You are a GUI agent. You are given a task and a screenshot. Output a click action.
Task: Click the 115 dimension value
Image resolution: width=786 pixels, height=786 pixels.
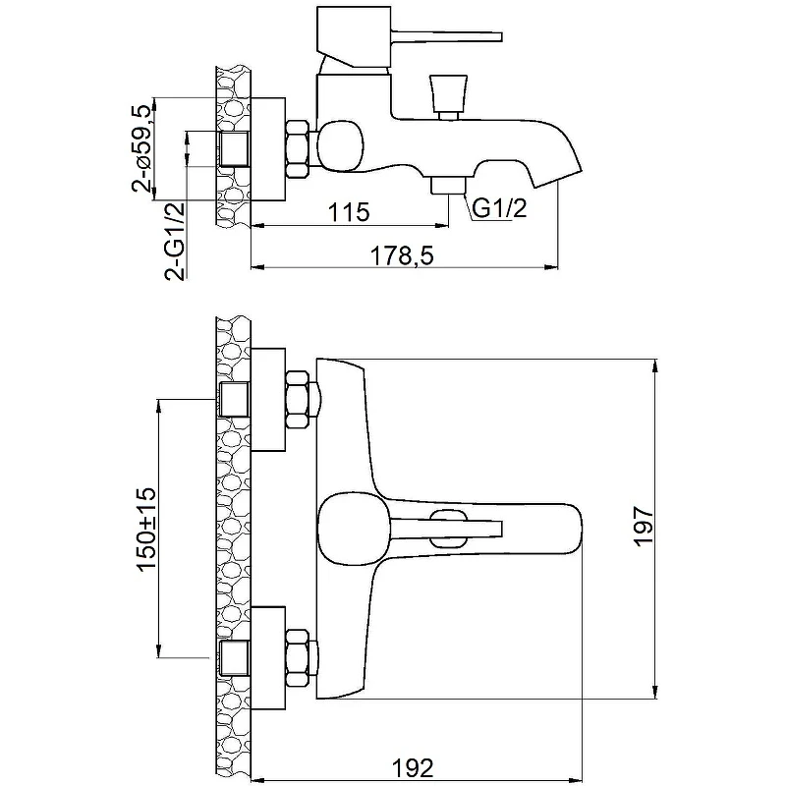pos(349,212)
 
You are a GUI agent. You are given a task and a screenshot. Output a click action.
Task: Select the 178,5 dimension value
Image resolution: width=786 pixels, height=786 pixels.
pos(402,256)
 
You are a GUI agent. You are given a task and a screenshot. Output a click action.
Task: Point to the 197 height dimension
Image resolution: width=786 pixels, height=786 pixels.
pos(645,527)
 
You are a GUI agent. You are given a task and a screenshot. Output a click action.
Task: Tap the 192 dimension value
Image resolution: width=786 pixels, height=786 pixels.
pos(412,767)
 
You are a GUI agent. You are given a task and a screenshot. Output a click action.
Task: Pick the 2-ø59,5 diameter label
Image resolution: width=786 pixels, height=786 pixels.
pos(141,149)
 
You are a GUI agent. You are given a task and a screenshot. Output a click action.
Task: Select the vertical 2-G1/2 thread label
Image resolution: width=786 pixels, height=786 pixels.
pos(175,241)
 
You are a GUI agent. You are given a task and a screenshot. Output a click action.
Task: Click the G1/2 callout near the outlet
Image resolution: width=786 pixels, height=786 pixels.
pos(500,207)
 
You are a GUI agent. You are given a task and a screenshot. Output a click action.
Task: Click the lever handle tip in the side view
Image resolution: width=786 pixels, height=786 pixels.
pos(499,37)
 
